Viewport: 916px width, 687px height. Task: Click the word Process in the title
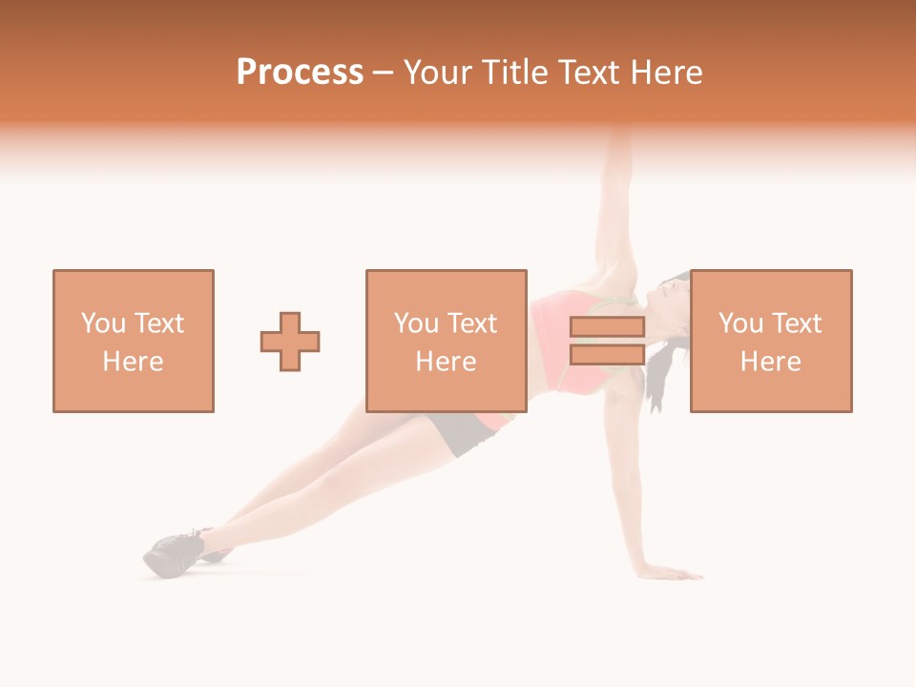pos(300,73)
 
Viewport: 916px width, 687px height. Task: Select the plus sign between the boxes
pos(290,342)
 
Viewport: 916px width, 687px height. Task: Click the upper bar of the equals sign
pos(607,327)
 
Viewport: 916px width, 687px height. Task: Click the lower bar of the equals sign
pos(607,355)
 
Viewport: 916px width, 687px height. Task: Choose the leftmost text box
pos(134,341)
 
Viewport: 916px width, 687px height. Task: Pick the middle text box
pos(447,341)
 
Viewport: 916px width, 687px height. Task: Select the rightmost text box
pos(771,341)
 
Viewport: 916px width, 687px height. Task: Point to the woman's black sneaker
pos(175,553)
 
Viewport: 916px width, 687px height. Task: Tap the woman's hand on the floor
pos(673,572)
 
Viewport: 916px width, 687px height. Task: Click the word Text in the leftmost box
pos(158,323)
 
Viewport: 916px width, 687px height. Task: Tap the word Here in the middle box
pos(447,362)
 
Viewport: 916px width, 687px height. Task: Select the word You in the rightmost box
pos(740,323)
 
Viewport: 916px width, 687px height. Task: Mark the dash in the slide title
pos(384,73)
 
